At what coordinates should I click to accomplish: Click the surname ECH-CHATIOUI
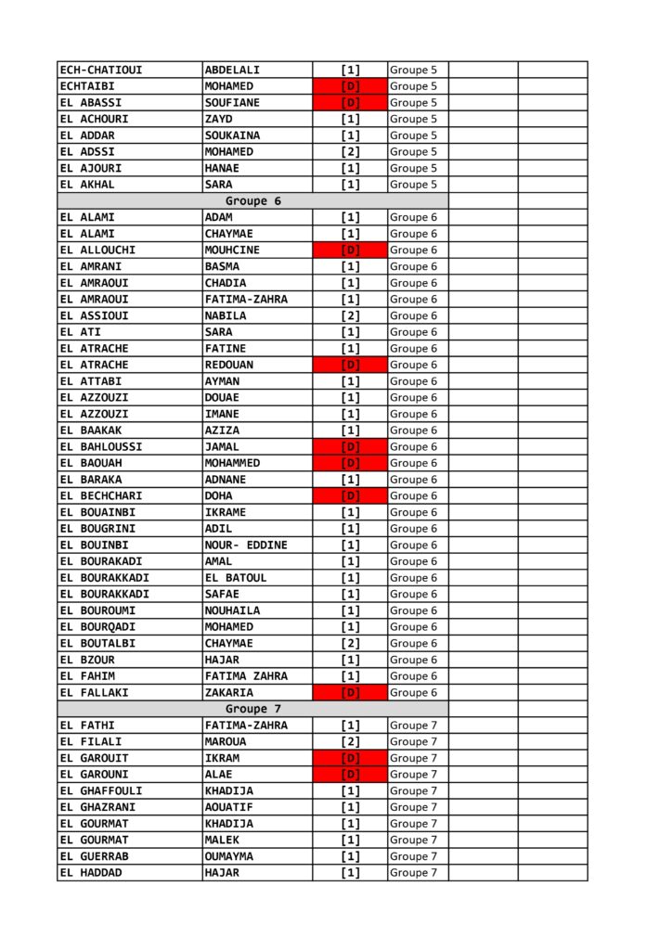(x=101, y=70)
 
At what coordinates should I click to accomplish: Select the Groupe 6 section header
(x=252, y=201)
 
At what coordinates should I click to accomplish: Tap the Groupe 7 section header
(x=252, y=709)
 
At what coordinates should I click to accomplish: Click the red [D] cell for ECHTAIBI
(x=350, y=86)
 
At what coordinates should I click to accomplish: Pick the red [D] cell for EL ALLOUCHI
(x=350, y=250)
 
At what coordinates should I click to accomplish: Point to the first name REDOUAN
(x=228, y=365)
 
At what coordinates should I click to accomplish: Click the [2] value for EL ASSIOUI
(x=350, y=315)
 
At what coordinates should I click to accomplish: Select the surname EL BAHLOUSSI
(x=101, y=446)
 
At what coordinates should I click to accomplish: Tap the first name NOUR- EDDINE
(x=246, y=545)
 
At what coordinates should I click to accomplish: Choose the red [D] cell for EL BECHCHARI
(x=350, y=495)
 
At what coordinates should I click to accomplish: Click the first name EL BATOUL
(x=235, y=578)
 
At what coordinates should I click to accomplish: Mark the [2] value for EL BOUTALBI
(x=350, y=643)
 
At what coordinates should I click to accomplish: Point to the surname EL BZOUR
(x=87, y=660)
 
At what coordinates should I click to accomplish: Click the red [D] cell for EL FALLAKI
(x=350, y=692)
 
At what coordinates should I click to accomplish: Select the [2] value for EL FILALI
(x=350, y=741)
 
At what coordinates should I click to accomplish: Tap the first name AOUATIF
(x=228, y=807)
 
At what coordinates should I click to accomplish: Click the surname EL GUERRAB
(x=94, y=856)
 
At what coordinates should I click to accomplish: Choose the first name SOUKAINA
(x=232, y=135)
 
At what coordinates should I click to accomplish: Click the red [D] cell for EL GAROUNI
(x=350, y=775)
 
